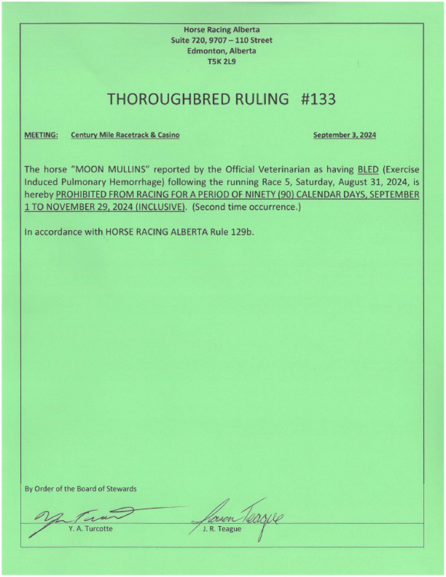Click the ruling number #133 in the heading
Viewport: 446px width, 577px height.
tap(318, 99)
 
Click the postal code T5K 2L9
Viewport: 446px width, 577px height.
tap(222, 62)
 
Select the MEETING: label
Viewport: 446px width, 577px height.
tap(41, 135)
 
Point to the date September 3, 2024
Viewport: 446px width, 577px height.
tap(345, 135)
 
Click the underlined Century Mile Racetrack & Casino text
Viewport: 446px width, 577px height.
tap(125, 135)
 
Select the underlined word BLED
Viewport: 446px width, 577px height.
tap(368, 169)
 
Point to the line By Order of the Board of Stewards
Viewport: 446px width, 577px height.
tap(81, 489)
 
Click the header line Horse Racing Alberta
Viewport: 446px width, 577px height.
tap(222, 30)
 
